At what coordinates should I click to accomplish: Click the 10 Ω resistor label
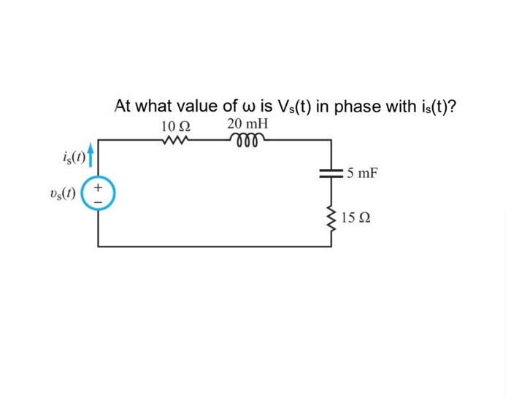176,125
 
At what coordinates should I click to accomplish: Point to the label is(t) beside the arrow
76,157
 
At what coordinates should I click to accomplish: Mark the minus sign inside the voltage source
101,201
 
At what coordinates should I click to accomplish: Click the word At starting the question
123,106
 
